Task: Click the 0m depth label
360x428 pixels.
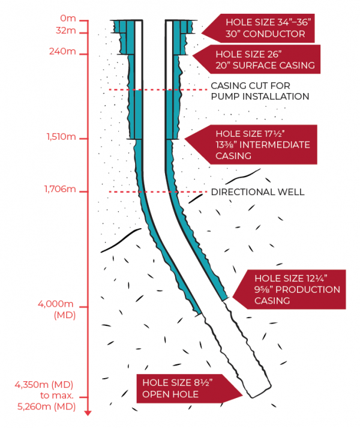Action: click(x=68, y=20)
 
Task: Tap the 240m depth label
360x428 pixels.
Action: click(x=62, y=52)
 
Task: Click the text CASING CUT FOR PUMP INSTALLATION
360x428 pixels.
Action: click(x=259, y=91)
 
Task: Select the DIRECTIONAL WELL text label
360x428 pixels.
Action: click(x=257, y=192)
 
